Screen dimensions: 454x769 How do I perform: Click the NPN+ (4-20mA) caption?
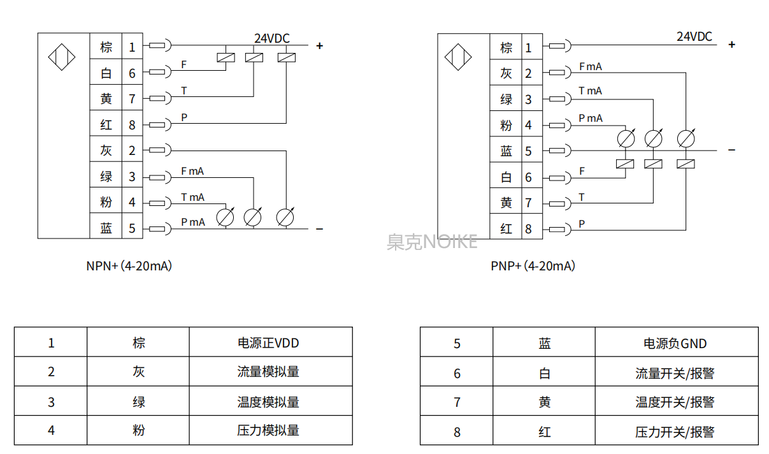pyautogui.click(x=129, y=266)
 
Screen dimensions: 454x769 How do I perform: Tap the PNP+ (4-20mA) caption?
pyautogui.click(x=533, y=266)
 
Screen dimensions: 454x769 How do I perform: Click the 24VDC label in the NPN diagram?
pyautogui.click(x=271, y=38)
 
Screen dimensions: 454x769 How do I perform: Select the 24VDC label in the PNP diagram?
pyautogui.click(x=694, y=36)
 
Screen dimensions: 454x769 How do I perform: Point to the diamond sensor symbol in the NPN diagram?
pyautogui.click(x=62, y=58)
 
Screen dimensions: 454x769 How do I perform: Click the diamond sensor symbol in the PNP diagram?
pyautogui.click(x=458, y=57)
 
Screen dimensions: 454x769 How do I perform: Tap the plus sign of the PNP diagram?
pyautogui.click(x=732, y=45)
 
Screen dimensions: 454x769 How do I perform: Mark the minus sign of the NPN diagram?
pyautogui.click(x=319, y=229)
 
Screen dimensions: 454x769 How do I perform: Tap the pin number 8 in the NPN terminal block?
pyautogui.click(x=132, y=125)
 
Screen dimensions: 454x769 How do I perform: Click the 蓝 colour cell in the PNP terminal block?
pyautogui.click(x=507, y=150)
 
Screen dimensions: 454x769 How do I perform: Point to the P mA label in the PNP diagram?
pyautogui.click(x=590, y=118)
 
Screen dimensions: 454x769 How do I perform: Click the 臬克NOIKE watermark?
pyautogui.click(x=432, y=242)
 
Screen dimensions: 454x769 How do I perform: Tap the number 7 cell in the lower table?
pyautogui.click(x=457, y=402)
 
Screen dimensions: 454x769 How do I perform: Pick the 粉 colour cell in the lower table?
pyautogui.click(x=139, y=430)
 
